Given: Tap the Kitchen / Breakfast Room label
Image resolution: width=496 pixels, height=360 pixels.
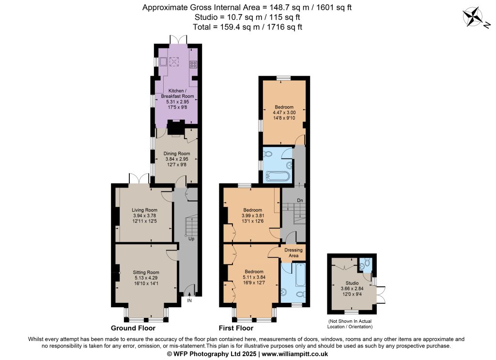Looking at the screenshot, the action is point(177,94).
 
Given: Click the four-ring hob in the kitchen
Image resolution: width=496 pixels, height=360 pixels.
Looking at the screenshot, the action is point(193,64).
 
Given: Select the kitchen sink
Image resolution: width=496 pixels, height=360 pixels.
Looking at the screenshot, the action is point(163,62).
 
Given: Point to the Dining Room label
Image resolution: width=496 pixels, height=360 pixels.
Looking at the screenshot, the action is point(177,154).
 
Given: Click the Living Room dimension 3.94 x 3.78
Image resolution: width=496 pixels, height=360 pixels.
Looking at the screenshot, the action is point(144,216).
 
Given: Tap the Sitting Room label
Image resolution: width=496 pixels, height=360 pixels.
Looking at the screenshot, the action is point(146,272).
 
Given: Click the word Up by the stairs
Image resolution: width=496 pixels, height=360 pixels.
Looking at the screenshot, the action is point(191,238).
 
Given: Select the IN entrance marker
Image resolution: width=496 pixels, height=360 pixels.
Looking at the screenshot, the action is point(189,300).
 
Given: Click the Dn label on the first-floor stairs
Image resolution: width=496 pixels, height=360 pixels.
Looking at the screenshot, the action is point(300,200).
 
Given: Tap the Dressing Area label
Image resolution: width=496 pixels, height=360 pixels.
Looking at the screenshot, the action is point(294,252).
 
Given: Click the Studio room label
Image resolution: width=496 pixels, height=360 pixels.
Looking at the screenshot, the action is point(352,283).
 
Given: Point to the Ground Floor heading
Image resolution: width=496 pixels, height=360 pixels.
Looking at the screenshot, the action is point(133,328).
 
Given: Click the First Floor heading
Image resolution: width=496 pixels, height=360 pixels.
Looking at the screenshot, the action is point(236,328).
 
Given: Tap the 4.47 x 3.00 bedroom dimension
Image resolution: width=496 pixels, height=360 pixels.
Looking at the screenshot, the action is point(284,112).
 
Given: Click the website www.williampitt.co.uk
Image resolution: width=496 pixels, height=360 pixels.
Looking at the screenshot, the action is point(295,354).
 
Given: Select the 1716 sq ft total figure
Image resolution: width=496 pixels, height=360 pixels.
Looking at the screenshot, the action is point(285,27).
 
